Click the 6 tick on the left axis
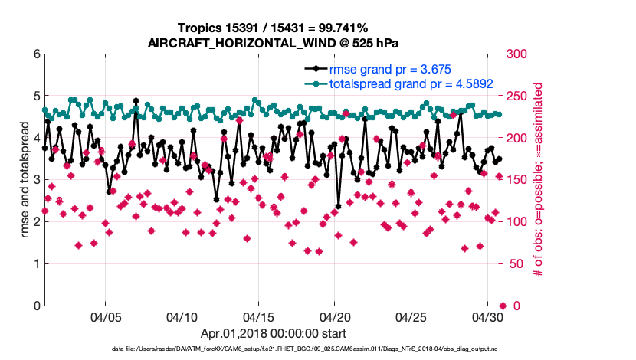tap(36, 54)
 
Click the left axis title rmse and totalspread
tap(25, 180)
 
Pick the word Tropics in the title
tap(198, 28)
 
